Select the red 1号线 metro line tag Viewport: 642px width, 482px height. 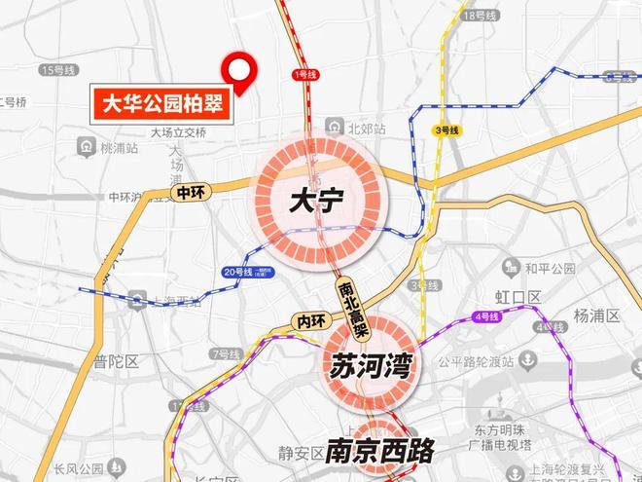(x=303, y=74)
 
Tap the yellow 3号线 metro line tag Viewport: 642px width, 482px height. (x=446, y=130)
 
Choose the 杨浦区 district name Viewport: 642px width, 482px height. (x=595, y=315)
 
